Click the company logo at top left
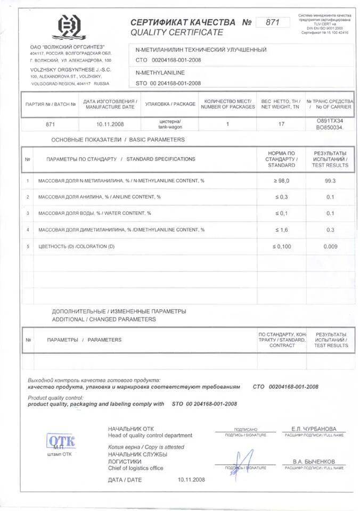pos(71,29)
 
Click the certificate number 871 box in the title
pos(273,22)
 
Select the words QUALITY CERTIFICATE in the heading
pos(177,32)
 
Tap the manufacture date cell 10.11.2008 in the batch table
pos(111,124)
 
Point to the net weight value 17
pos(281,124)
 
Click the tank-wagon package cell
pos(170,124)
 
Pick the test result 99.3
pos(330,181)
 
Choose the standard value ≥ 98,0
pos(281,181)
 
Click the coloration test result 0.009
pos(330,246)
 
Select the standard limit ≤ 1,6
pos(281,230)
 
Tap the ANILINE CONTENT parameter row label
pos(100,197)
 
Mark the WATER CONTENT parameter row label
pos(95,213)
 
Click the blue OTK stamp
pos(61,441)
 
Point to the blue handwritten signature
pos(243,461)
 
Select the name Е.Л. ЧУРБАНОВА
pos(314,429)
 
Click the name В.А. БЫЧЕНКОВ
pos(314,461)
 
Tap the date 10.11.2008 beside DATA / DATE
pos(191,480)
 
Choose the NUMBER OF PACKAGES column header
pos(228,103)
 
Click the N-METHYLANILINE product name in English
pos(160,72)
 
